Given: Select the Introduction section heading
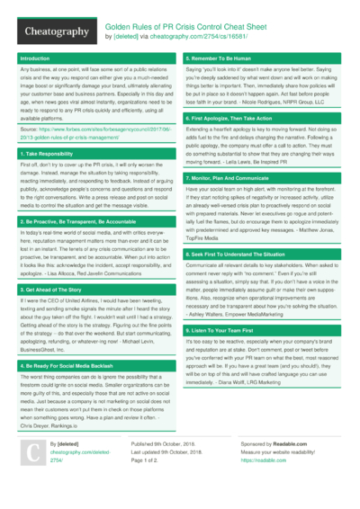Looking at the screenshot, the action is tap(35, 58).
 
